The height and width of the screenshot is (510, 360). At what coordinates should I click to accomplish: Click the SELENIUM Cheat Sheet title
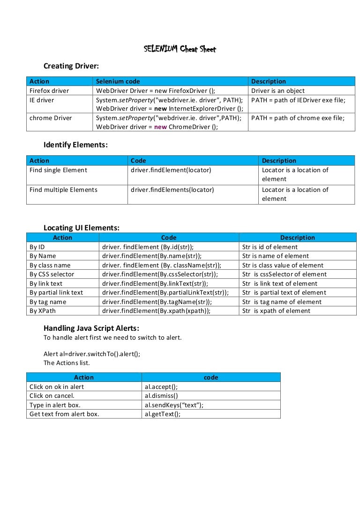coord(180,49)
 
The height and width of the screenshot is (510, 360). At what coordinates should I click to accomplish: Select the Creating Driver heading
coord(71,66)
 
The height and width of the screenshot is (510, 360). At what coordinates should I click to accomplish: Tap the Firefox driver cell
coord(49,91)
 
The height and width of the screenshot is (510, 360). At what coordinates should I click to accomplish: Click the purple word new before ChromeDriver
coord(160,127)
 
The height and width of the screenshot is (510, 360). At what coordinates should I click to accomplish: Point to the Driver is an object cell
coord(278,91)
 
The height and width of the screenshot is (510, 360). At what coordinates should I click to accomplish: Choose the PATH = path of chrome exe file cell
coord(298,118)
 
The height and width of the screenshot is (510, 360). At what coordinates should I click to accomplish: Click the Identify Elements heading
coord(75,145)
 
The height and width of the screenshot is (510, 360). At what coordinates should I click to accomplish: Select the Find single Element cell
coord(58,170)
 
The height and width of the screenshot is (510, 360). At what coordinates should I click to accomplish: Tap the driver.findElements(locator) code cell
coord(172,190)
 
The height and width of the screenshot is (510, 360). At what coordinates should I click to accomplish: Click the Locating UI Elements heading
coord(82,228)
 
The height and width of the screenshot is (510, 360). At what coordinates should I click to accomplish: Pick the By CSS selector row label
coord(52,274)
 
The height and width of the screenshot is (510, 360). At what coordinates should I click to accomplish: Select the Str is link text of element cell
coord(280,283)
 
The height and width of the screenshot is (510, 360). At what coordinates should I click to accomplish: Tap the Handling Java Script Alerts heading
coord(91,328)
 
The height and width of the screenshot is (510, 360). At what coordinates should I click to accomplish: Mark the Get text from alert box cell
coord(64,414)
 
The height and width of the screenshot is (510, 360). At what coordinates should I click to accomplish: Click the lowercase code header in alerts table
coord(211,377)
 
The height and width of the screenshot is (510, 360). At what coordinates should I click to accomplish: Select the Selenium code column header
coord(118,81)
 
